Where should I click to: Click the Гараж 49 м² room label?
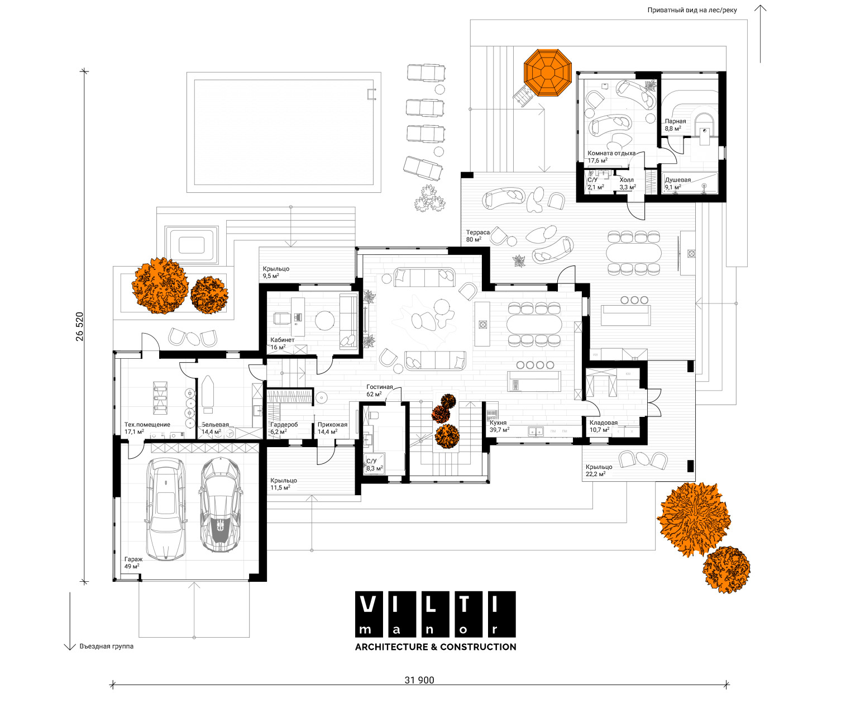(133, 563)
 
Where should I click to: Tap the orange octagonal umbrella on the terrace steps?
(548, 73)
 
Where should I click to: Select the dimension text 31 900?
(419, 680)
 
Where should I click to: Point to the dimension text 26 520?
(80, 326)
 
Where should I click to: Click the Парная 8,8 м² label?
(675, 125)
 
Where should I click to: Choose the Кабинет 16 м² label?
(282, 343)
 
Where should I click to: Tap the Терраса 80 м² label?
(477, 236)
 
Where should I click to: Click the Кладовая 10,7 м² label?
(603, 426)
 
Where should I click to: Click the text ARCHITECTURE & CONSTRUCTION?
(436, 647)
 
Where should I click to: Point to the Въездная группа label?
(106, 646)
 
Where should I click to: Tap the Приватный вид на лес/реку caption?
(692, 10)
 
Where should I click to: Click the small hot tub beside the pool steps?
(192, 245)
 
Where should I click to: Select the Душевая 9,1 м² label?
(677, 183)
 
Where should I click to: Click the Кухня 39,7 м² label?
(499, 426)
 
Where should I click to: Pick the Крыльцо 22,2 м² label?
(599, 470)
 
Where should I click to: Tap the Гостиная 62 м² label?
(379, 390)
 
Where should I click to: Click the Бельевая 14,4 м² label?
(215, 428)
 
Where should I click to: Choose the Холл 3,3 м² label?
(627, 183)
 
